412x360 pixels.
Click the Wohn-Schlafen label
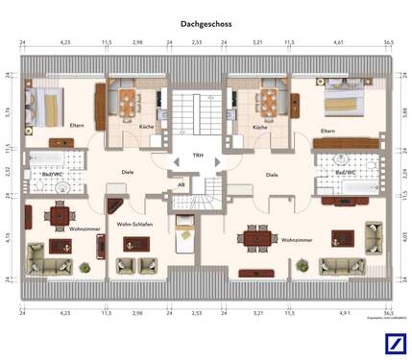point(134,224)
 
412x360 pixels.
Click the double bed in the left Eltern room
point(44,105)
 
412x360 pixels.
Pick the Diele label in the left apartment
point(127,173)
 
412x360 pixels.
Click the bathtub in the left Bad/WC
point(44,159)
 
